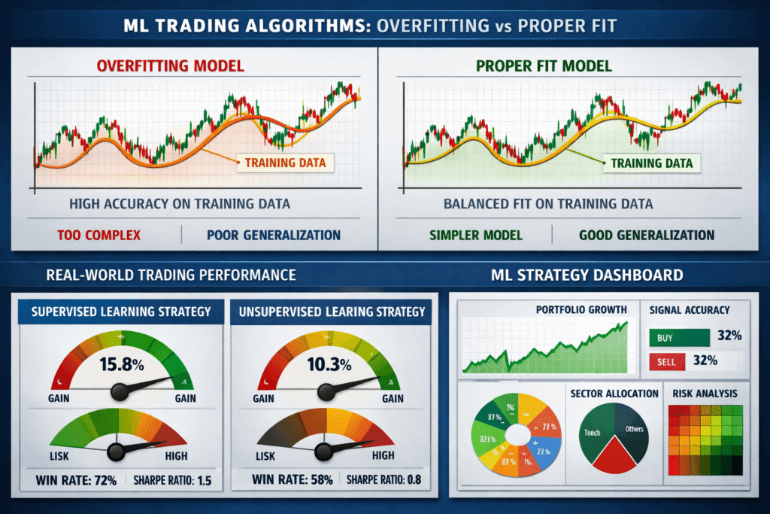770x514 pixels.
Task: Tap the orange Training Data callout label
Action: tap(285, 162)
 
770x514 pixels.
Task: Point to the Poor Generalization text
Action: tap(273, 235)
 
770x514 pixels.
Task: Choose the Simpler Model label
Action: tap(475, 235)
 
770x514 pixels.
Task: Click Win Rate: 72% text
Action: tap(75, 479)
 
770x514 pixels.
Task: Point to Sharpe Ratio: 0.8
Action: tap(383, 479)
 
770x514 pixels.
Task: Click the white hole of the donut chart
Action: tap(519, 435)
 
